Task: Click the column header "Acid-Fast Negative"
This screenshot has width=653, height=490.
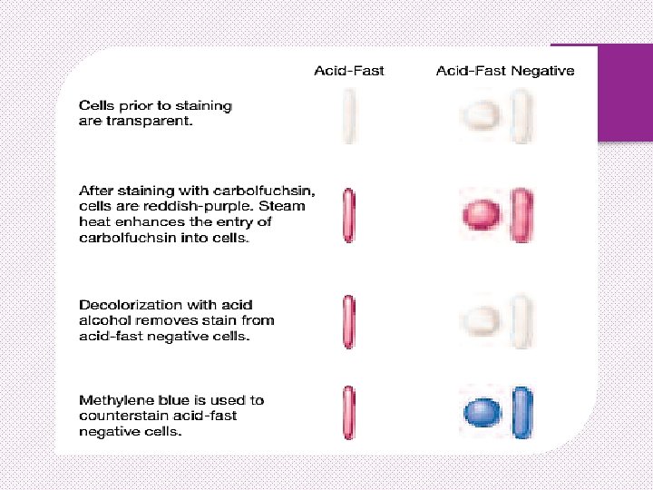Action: pyautogui.click(x=504, y=71)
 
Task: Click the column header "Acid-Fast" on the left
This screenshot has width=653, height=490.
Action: pyautogui.click(x=349, y=71)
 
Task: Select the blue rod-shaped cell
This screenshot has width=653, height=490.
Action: pyautogui.click(x=521, y=413)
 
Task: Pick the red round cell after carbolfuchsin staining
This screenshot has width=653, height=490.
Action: pyautogui.click(x=482, y=215)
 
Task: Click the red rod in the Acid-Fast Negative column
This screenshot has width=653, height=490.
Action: pyautogui.click(x=521, y=215)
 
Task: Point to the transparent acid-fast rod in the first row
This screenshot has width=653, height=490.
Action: pyautogui.click(x=349, y=116)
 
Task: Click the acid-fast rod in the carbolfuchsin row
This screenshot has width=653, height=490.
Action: pyautogui.click(x=349, y=215)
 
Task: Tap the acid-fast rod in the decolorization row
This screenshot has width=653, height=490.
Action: pyautogui.click(x=349, y=320)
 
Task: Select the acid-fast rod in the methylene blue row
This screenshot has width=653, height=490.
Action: pyautogui.click(x=349, y=413)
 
